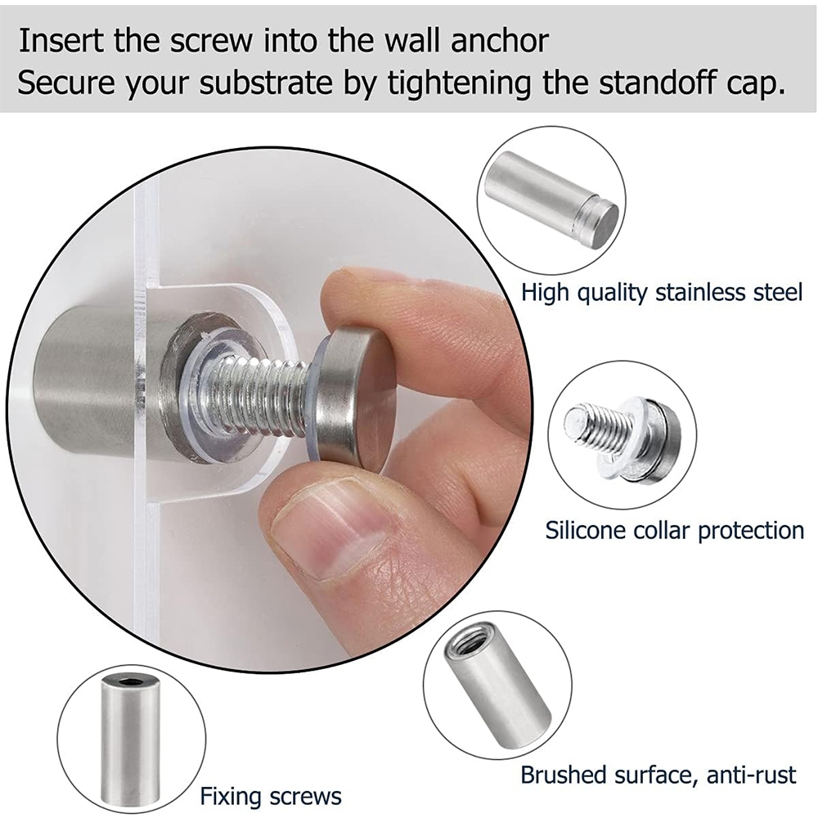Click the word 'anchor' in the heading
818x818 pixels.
pyautogui.click(x=499, y=41)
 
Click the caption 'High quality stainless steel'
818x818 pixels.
pyautogui.click(x=662, y=293)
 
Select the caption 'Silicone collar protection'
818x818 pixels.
pyautogui.click(x=675, y=531)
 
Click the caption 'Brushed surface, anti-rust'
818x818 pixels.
pyautogui.click(x=658, y=775)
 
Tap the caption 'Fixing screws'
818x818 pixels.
pyautogui.click(x=271, y=797)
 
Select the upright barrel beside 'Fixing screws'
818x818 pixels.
pyautogui.click(x=132, y=742)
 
